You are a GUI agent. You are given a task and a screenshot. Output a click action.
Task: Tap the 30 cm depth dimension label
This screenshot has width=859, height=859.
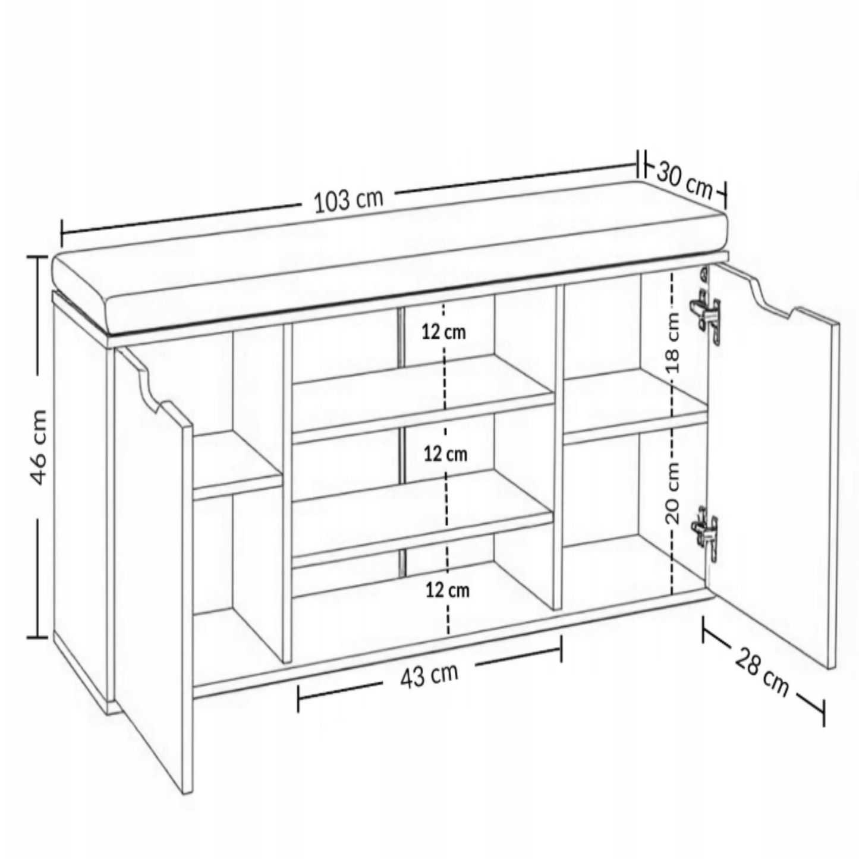click(x=685, y=181)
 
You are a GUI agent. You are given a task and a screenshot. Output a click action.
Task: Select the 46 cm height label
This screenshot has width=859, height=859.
click(x=39, y=447)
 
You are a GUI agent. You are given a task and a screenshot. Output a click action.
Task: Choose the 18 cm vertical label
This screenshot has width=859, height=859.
click(x=673, y=342)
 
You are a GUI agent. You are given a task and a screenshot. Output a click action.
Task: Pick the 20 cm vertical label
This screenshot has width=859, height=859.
click(x=673, y=493)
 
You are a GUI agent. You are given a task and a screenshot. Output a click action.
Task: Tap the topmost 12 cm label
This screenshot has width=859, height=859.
click(x=444, y=332)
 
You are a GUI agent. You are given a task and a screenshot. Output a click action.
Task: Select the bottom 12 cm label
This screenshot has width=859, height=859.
click(x=448, y=591)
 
